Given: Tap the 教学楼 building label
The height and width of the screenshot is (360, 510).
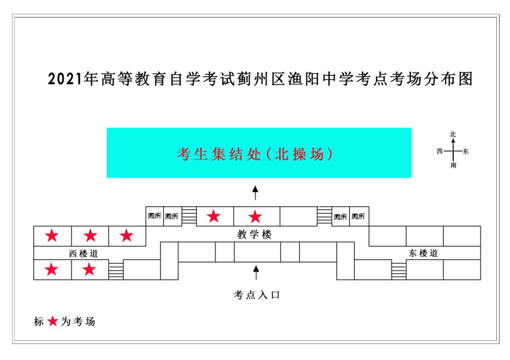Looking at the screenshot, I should pyautogui.click(x=255, y=234).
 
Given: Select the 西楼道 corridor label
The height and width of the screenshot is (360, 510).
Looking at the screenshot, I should pyautogui.click(x=84, y=253).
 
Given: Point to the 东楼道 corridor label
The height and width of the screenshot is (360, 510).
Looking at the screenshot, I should pyautogui.click(x=423, y=253).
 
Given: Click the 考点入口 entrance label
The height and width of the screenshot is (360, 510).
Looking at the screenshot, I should pyautogui.click(x=256, y=295).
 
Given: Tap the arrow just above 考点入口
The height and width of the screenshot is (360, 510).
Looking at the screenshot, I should pyautogui.click(x=256, y=273).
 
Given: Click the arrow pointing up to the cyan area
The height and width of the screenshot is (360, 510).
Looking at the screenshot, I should pyautogui.click(x=255, y=193).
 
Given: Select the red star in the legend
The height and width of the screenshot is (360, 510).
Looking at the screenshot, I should pyautogui.click(x=52, y=322).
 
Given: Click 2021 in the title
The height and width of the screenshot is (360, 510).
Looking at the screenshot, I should pyautogui.click(x=65, y=79).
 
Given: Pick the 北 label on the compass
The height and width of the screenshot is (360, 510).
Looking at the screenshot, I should pyautogui.click(x=453, y=134).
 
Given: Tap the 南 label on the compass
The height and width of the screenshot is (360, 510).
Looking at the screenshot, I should pyautogui.click(x=453, y=166).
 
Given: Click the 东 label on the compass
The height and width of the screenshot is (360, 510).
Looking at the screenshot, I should pyautogui.click(x=466, y=151).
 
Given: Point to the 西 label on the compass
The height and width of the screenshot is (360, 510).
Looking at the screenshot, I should pyautogui.click(x=440, y=151).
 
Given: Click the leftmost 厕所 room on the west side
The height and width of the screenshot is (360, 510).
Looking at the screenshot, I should pyautogui.click(x=154, y=217).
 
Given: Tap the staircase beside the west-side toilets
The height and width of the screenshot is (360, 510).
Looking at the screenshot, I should pyautogui.click(x=189, y=216).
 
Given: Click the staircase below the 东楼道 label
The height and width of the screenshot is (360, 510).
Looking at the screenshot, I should pyautogui.click(x=399, y=271).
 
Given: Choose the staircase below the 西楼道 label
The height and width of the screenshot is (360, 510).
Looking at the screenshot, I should pyautogui.click(x=116, y=270).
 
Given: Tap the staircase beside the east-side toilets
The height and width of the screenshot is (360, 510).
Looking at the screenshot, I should pyautogui.click(x=324, y=216).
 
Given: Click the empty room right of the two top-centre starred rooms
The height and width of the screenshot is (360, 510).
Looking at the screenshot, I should pyautogui.click(x=298, y=216).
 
